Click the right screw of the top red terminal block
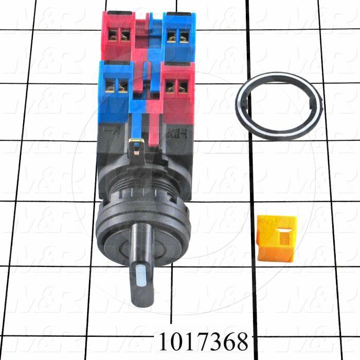click(x=124, y=35)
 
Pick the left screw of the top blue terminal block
click(x=172, y=36)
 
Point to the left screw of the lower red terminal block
click(x=172, y=88)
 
